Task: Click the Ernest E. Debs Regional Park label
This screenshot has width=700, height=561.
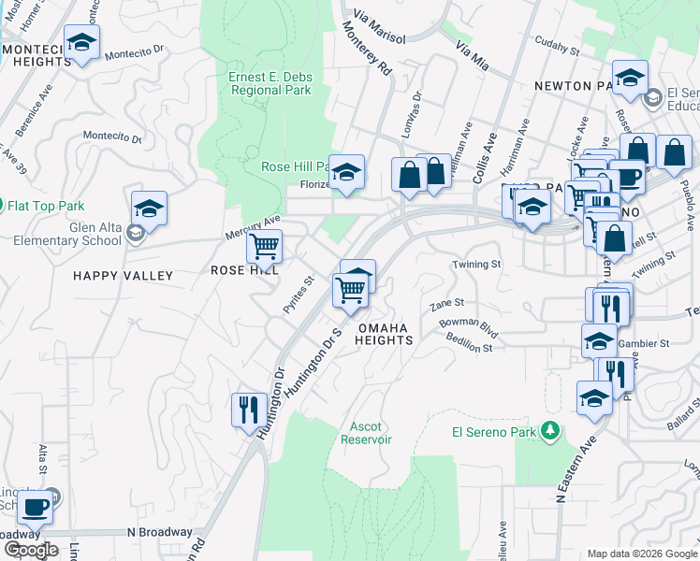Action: pos(270,83)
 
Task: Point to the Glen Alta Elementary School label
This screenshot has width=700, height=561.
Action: pos(67,233)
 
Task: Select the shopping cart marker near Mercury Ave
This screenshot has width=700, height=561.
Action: pos(265,247)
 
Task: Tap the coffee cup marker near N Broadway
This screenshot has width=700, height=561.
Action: pos(36,508)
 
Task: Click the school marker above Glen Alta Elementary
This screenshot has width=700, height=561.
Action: pos(149,209)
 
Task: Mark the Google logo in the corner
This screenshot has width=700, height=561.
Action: pos(30,550)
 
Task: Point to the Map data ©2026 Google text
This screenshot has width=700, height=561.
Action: pos(641,554)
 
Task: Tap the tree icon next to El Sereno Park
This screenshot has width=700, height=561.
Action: pos(552,431)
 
